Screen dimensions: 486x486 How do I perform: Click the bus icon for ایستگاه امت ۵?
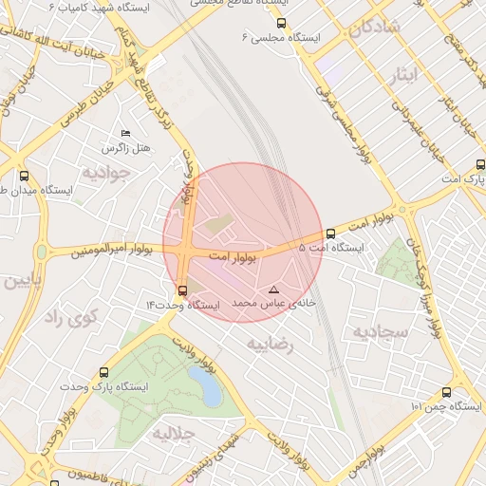330,234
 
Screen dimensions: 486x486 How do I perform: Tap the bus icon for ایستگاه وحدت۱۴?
182,290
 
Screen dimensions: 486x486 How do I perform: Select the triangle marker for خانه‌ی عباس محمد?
274,289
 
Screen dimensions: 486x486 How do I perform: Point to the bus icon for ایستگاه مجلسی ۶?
281,23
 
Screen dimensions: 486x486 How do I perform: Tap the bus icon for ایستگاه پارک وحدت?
104,373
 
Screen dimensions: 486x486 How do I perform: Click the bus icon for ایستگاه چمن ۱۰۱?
447,392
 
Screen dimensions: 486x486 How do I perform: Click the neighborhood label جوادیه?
103,174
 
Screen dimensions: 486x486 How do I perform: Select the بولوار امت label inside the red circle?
234,257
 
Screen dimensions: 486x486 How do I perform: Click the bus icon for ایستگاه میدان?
24,176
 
